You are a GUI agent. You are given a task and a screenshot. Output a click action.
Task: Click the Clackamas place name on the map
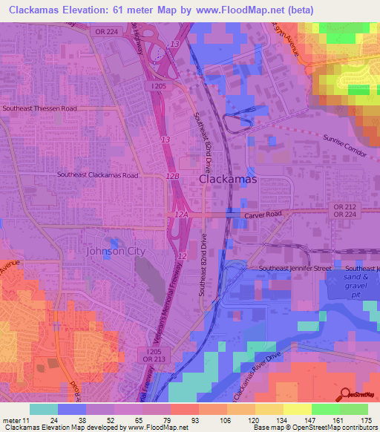tap(228, 180)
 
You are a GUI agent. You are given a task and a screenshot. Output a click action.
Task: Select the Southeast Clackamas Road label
tap(98, 175)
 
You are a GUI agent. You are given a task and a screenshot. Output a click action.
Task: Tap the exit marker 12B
tap(173, 176)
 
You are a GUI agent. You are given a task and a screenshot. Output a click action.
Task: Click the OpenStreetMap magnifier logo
tap(346, 394)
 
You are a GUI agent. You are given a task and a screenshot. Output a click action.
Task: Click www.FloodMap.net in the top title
tap(240, 10)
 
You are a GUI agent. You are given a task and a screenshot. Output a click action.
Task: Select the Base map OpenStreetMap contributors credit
tap(313, 428)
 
